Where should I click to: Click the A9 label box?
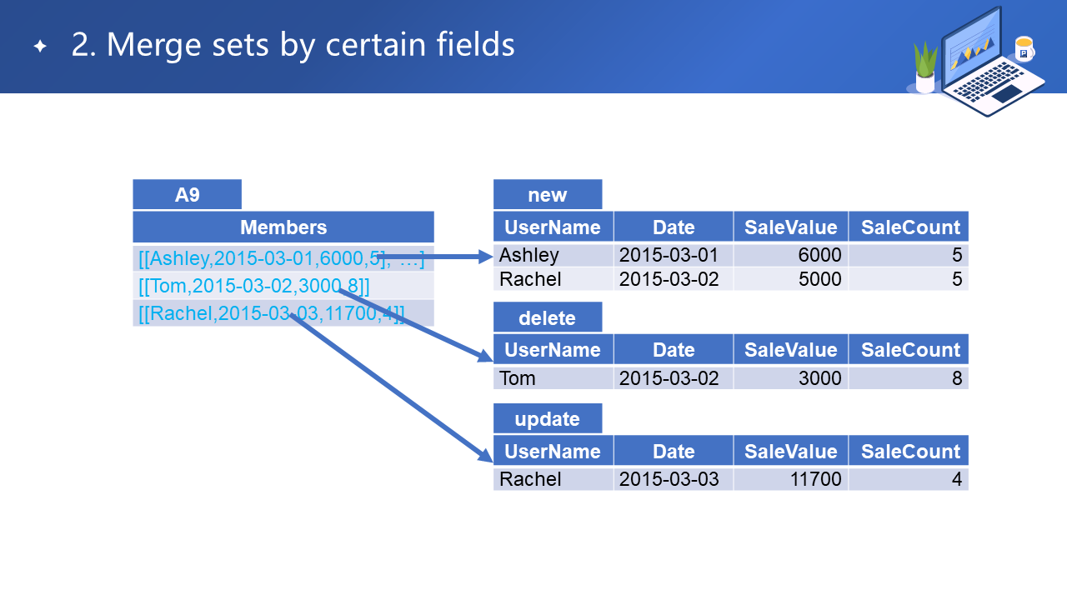coord(188,194)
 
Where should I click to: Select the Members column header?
coord(283,227)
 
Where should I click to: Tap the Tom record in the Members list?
coord(254,286)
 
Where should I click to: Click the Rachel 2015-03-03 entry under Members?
coord(272,313)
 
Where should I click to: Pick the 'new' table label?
coord(548,194)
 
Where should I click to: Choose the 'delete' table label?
coord(548,317)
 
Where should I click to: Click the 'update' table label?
coord(548,418)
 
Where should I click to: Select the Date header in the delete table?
coord(674,349)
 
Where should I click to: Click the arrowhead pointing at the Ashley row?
coord(486,257)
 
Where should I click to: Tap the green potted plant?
coord(925,67)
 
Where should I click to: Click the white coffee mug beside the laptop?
coord(1024,49)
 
